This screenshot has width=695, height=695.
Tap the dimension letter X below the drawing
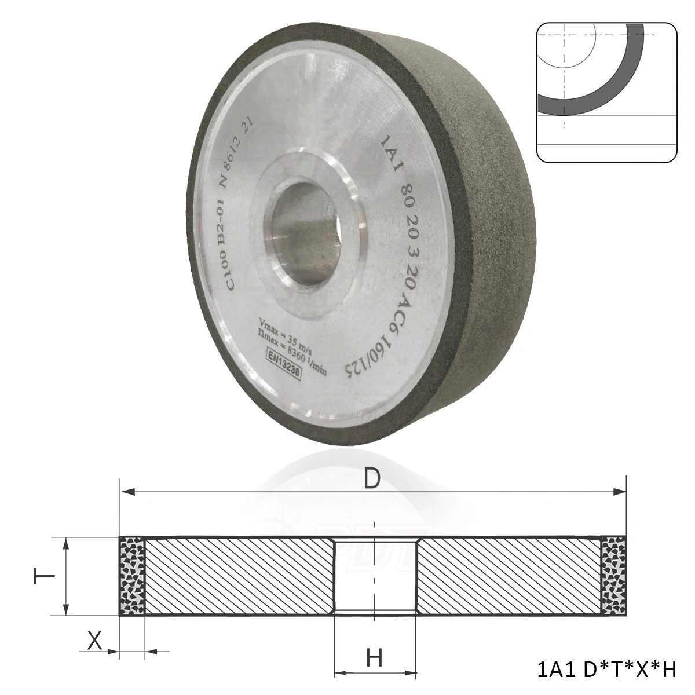click(x=94, y=641)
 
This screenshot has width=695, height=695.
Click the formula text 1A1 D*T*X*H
click(x=606, y=670)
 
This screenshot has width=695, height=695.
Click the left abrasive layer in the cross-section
click(x=131, y=576)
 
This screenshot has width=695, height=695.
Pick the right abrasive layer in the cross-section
click(x=613, y=576)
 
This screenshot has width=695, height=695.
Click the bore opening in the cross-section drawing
click(x=375, y=576)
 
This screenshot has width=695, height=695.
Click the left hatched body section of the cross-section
click(x=237, y=576)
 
